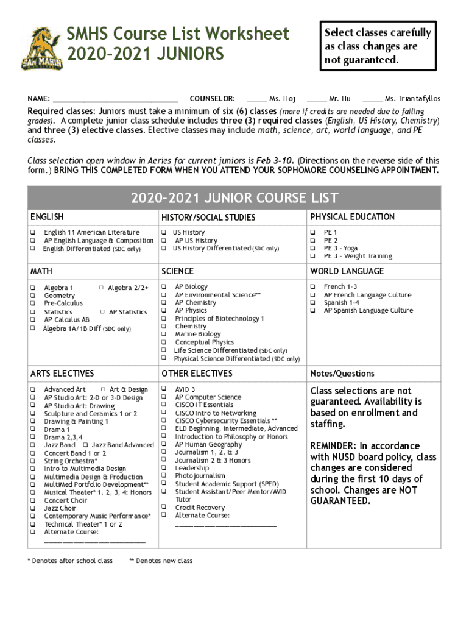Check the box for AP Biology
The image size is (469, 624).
coord(164,287)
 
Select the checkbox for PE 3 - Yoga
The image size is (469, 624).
coord(312,249)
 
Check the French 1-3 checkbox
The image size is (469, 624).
coord(312,287)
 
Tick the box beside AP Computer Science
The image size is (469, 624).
coord(164,397)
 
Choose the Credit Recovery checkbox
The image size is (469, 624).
coord(164,508)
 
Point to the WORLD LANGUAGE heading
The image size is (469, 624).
coord(347,271)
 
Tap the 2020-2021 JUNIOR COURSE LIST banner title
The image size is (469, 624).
coord(234,198)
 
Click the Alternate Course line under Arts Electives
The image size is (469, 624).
coord(95,541)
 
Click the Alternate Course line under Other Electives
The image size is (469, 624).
coord(225,524)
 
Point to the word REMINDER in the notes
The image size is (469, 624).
coord(334,446)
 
